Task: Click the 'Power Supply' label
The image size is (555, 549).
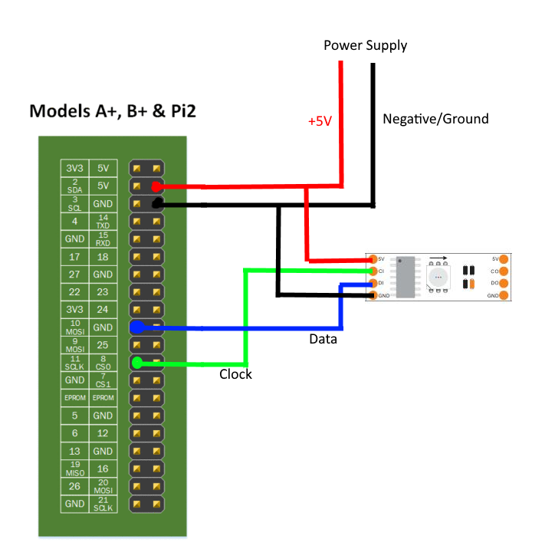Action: [365, 45]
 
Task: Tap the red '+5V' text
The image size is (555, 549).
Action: [320, 122]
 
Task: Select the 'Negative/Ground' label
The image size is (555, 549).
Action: [435, 119]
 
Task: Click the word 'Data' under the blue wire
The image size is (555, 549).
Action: [323, 338]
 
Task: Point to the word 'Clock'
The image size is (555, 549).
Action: [235, 374]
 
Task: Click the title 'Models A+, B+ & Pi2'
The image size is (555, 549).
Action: [113, 111]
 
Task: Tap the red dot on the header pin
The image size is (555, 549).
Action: [156, 186]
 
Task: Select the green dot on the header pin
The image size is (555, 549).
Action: [137, 363]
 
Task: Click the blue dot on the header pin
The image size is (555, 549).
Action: [137, 327]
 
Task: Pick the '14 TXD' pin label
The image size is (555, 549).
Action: [103, 222]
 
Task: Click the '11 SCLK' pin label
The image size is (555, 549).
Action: [74, 363]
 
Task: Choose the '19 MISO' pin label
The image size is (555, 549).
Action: [74, 468]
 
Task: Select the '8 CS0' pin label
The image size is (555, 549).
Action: [103, 363]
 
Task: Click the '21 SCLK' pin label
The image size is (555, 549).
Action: [103, 504]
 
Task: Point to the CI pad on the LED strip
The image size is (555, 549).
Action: [373, 271]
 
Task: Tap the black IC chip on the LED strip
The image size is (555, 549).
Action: [406, 276]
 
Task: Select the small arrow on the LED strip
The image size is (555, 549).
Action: [439, 259]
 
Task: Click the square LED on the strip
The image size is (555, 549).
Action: [438, 277]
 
